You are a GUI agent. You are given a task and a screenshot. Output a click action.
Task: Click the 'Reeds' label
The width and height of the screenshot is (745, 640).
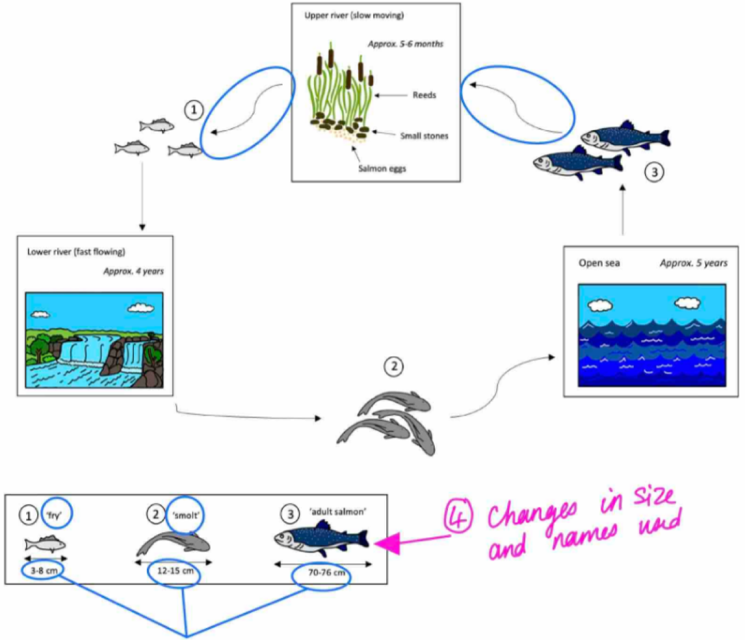(424, 95)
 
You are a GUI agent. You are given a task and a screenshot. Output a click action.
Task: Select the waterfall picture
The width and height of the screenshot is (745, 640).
(94, 339)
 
